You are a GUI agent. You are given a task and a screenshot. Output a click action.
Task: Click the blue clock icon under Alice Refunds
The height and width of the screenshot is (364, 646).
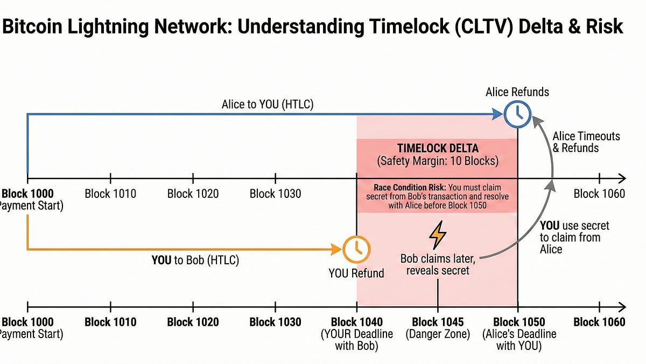517,115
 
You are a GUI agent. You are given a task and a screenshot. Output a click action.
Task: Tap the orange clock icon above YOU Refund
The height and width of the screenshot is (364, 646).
356,249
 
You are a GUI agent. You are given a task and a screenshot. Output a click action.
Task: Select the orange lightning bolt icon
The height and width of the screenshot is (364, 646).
438,235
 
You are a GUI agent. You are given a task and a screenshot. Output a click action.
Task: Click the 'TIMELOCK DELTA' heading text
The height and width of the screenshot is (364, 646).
437,148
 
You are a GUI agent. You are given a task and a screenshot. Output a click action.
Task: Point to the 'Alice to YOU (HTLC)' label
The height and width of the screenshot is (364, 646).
267,105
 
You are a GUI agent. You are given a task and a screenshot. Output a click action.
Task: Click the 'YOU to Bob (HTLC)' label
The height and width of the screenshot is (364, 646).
195,260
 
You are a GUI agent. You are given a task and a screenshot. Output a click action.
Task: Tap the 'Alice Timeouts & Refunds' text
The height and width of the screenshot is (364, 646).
586,142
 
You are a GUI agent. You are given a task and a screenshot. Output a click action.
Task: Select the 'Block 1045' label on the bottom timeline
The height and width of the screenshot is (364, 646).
438,322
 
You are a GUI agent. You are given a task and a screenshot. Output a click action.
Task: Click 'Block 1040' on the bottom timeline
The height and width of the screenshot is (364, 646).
356,322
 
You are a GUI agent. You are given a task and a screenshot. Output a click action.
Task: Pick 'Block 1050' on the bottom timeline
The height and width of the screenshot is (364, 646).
518,322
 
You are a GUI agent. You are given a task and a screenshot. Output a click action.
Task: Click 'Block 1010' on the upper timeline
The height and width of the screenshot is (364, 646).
110,194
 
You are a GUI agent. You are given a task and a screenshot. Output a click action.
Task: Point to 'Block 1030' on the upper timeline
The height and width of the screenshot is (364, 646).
275,194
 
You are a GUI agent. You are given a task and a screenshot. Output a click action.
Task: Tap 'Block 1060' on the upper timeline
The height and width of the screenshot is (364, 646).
599,194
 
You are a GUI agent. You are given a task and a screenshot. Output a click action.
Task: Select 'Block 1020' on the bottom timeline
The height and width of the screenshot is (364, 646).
193,322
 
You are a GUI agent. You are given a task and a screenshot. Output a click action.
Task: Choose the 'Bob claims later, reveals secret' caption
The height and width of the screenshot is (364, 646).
438,264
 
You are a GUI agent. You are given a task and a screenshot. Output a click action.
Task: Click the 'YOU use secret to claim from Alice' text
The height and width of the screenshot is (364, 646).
570,237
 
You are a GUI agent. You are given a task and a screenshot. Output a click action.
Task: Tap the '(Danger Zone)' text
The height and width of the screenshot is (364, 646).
438,334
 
